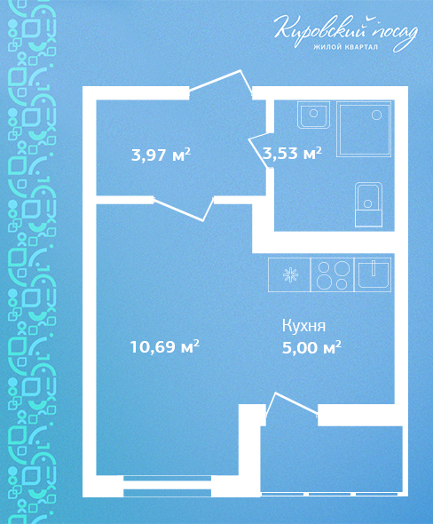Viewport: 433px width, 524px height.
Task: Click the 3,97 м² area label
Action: [161, 155]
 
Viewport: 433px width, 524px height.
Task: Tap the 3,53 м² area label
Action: [293, 153]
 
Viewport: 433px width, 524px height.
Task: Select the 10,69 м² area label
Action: [164, 346]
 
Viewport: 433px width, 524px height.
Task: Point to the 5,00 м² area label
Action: [311, 347]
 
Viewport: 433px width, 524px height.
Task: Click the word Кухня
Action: [303, 326]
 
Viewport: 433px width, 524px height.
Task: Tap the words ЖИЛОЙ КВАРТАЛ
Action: [346, 47]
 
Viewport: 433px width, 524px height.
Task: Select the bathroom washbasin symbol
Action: [313, 115]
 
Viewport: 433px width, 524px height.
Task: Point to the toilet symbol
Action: [368, 204]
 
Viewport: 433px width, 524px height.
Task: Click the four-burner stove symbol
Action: [333, 274]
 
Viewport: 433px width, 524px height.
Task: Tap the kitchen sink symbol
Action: [373, 274]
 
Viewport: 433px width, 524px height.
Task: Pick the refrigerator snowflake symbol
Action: [290, 275]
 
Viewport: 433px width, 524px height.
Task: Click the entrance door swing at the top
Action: [221, 83]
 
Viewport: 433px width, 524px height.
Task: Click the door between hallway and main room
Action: [184, 209]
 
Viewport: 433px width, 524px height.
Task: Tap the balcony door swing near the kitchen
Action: [291, 405]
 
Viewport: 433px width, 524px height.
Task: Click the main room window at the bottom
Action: [168, 486]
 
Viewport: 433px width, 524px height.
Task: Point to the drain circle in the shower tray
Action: [376, 115]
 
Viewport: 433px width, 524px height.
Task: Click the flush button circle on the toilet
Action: [368, 203]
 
